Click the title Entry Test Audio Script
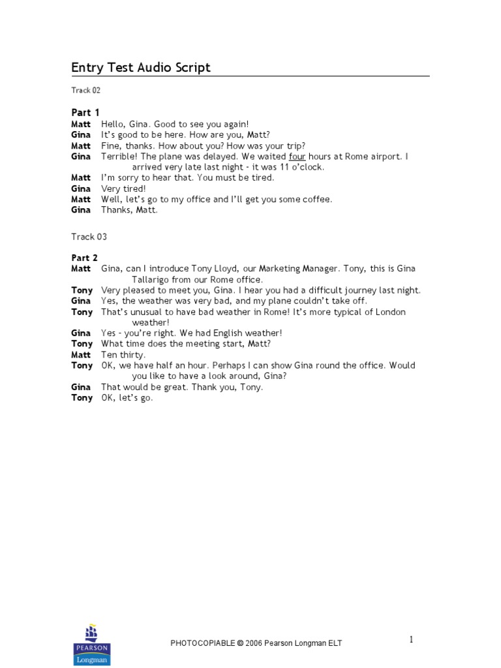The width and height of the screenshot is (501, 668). [x=140, y=68]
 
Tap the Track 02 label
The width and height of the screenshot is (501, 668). [x=86, y=91]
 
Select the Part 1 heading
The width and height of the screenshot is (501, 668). [x=85, y=113]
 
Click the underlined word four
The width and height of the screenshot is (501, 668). [x=297, y=157]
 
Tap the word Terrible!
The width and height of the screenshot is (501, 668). [x=119, y=157]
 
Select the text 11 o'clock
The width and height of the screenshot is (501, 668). [x=302, y=167]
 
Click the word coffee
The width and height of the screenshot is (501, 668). [x=318, y=199]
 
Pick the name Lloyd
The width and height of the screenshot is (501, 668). [x=224, y=269]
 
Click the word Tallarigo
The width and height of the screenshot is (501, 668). [x=154, y=279]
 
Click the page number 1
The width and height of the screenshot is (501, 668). [x=411, y=640]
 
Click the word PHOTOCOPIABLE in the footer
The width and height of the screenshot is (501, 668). [x=202, y=643]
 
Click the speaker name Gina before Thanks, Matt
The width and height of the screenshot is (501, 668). [x=81, y=210]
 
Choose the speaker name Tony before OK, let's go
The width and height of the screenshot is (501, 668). [x=82, y=398]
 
